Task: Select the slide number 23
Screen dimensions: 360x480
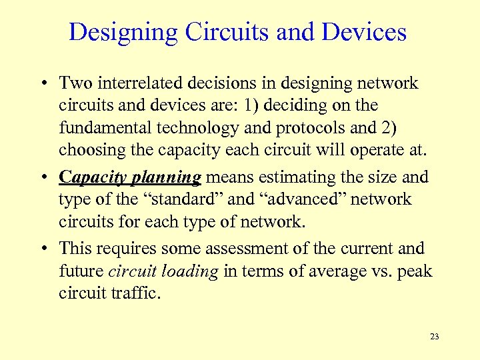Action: (x=434, y=337)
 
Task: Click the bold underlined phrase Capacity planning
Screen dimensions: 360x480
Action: (x=130, y=177)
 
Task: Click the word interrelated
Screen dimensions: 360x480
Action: (x=137, y=83)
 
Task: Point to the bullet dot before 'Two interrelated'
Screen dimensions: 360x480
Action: (x=43, y=83)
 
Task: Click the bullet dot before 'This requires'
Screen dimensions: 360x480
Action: (x=43, y=249)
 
